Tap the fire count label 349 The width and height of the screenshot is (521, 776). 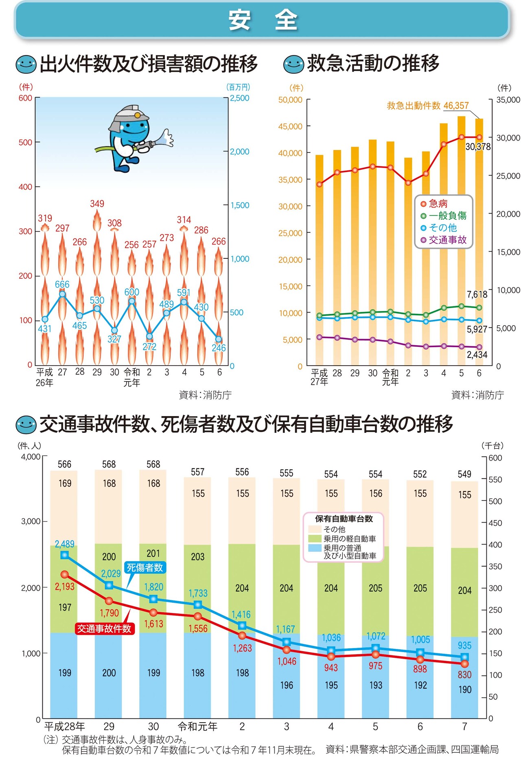point(97,203)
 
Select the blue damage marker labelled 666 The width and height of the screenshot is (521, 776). point(62,294)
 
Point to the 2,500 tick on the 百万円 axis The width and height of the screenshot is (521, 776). point(239,98)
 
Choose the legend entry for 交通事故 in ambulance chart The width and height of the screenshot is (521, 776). point(443,240)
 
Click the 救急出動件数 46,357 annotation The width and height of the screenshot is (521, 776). point(427,106)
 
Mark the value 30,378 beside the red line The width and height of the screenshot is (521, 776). point(478,147)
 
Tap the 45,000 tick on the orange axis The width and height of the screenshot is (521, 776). point(290,126)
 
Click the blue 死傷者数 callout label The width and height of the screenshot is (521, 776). point(144,567)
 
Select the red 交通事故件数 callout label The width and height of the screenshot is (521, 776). point(104,628)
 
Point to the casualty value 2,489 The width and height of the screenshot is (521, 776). point(65,544)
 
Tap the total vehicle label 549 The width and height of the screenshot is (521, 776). point(464,474)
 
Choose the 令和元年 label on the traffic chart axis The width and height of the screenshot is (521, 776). point(198,726)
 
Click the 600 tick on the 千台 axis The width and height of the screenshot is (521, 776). point(495,458)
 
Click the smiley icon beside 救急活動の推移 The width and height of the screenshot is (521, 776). point(293,64)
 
